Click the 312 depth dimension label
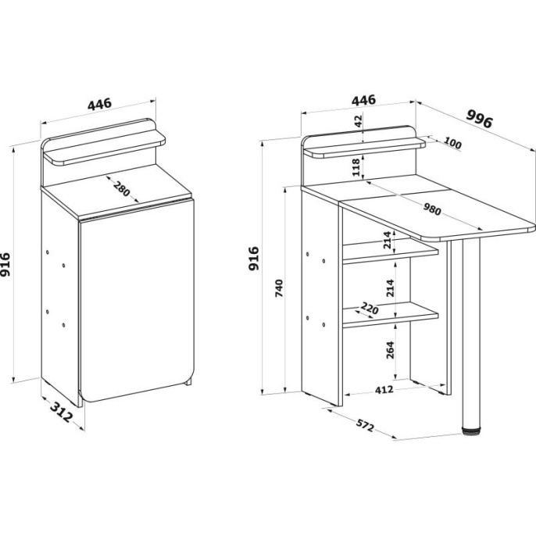click(x=62, y=412)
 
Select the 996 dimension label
click(x=479, y=118)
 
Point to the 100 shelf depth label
click(x=453, y=143)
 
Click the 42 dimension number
click(x=358, y=121)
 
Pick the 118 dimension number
click(x=356, y=167)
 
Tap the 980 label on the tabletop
click(x=432, y=209)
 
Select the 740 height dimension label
click(x=279, y=288)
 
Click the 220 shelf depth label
click(x=370, y=309)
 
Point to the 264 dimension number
click(x=390, y=350)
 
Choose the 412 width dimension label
click(x=384, y=389)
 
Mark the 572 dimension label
click(x=365, y=426)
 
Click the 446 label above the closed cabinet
click(x=99, y=104)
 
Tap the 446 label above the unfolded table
click(x=364, y=100)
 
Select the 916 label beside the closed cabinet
click(x=5, y=264)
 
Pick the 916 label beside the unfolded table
click(x=254, y=259)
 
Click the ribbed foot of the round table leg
click(x=471, y=431)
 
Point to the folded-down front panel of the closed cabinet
click(x=137, y=301)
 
